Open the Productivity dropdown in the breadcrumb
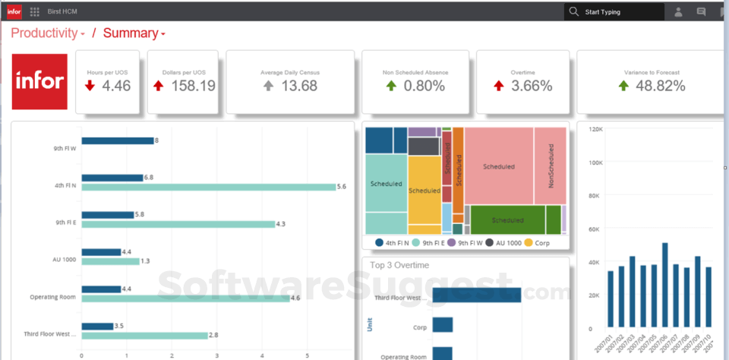click(x=47, y=33)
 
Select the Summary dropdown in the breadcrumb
click(x=134, y=33)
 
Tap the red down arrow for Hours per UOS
click(x=90, y=86)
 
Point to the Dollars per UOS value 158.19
click(x=193, y=86)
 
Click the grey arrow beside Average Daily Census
click(x=268, y=86)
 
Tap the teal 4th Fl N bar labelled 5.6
click(x=208, y=187)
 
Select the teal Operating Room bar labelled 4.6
click(x=185, y=298)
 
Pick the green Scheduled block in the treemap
click(x=507, y=219)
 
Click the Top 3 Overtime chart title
click(x=399, y=265)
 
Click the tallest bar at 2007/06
click(x=664, y=284)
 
